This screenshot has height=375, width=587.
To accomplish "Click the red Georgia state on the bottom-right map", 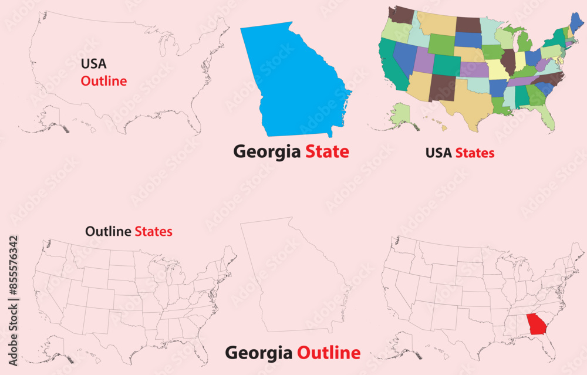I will click(x=535, y=324).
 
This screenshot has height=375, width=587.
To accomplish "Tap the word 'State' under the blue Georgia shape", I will click(x=327, y=151).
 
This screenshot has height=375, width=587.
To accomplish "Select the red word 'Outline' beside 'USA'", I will click(x=103, y=81).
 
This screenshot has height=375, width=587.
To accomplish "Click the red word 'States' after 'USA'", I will click(x=475, y=153).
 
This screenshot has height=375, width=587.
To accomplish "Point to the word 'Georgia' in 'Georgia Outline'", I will click(x=259, y=353).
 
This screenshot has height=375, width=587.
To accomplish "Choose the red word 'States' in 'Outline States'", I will click(x=153, y=231).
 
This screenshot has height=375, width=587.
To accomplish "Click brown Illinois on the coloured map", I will click(x=508, y=60).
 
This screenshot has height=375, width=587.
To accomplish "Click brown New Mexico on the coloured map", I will click(x=442, y=87).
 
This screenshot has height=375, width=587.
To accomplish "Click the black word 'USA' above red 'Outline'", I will click(x=94, y=63).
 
